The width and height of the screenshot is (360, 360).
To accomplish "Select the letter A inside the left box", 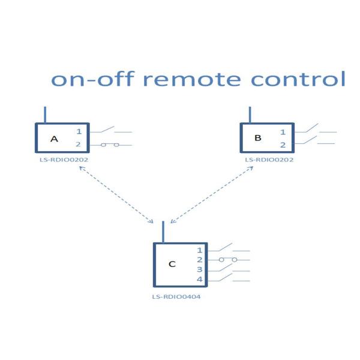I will click(x=54, y=139).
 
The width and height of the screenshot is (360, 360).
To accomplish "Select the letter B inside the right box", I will click(x=258, y=138).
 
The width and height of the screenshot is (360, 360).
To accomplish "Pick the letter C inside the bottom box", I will click(x=172, y=264).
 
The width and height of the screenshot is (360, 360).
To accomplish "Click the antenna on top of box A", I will click(x=45, y=115).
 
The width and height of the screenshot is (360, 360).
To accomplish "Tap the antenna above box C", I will click(x=163, y=232).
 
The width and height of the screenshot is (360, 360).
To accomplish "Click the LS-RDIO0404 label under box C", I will click(x=176, y=296).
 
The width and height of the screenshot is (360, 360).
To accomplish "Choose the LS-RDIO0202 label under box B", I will click(x=269, y=160).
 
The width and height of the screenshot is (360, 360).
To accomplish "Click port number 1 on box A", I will click(x=78, y=131).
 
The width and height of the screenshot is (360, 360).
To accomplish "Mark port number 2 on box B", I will click(x=283, y=145).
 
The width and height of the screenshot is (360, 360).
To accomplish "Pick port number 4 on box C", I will click(x=200, y=280).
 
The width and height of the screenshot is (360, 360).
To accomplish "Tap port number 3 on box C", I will click(x=200, y=270).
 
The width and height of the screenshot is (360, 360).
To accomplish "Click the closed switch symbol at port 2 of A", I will click(x=109, y=145).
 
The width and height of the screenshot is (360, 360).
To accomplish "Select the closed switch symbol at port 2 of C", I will click(x=228, y=260).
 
